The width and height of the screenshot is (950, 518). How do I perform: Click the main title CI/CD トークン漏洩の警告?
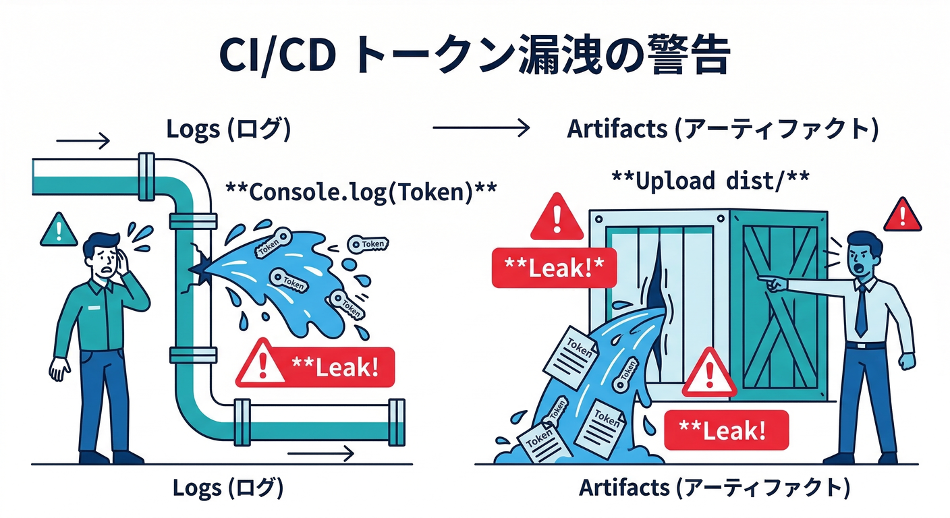coord(474,56)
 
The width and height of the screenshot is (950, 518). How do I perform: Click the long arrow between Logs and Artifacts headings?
coord(480,128)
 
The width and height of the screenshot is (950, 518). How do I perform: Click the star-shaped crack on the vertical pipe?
coord(199,269)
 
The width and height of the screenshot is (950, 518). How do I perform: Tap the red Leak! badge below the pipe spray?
coord(315,367)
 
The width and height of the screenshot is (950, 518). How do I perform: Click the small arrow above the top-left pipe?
coord(82,140)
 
